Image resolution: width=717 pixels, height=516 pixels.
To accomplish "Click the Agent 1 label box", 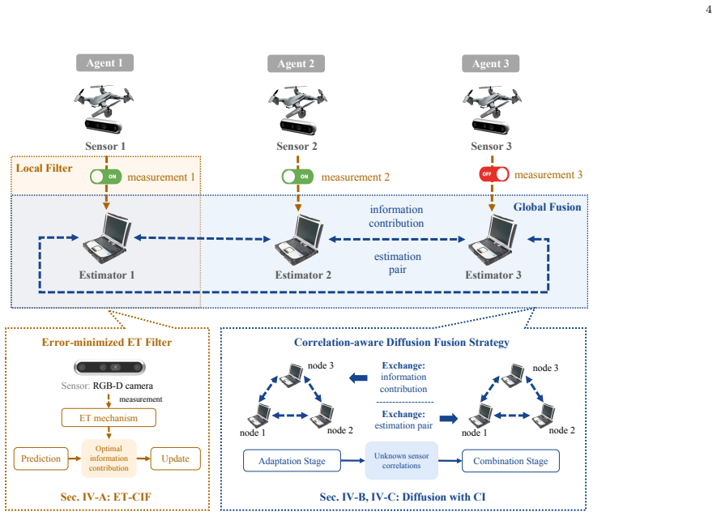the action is coord(105,62).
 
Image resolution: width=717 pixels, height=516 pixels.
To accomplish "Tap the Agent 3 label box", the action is coord(490,63).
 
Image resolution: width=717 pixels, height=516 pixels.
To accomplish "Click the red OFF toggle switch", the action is coord(494,174).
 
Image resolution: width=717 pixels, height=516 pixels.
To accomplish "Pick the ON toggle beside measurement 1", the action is coord(105,177).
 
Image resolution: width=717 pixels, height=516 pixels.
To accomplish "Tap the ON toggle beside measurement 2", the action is coord(297,177).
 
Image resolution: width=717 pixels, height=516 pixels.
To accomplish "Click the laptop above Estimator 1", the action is coord(108,238).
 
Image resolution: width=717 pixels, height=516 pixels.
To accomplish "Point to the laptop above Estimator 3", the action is coord(493,240).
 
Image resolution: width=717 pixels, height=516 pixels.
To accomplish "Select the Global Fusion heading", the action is coord(547,207).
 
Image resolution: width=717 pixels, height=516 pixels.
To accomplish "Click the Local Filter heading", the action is coord(44,168).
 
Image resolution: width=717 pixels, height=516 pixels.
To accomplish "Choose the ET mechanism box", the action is coord(109,418).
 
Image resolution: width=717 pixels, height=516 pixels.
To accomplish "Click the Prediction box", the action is coord(41,458).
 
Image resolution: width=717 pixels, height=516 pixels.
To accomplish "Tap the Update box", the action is coord(175,458).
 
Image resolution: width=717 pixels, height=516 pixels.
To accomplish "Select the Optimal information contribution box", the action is coord(109,458).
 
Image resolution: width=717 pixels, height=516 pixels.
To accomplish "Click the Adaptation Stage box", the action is coord(292,461).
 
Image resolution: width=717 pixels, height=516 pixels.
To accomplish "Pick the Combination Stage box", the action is coord(510,461).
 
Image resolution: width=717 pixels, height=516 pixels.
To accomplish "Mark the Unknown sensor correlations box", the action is coord(402,461).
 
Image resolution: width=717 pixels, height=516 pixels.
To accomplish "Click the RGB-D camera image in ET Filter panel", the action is coord(109,367).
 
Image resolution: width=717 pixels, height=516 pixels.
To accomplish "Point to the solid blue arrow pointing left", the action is coord(358,378).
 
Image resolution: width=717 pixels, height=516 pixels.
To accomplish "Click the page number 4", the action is coord(709,9).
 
